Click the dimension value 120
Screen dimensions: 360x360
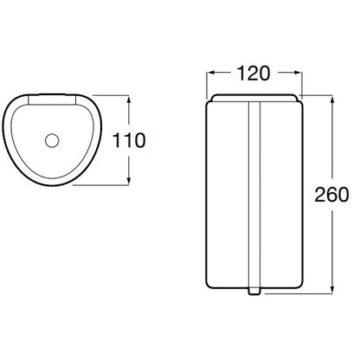pos(254,74)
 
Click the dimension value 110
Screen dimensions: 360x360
pos(129,140)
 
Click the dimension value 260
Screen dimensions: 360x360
pos(331,195)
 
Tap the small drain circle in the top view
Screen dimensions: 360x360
pos(52,140)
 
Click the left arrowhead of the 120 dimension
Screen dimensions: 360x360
pos(210,73)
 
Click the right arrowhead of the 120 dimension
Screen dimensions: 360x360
pos(298,73)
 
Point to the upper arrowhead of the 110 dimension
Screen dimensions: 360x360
pos(129,100)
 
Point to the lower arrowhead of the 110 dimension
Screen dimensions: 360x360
pos(129,181)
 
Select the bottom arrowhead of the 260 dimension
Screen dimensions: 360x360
pos(332,289)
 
